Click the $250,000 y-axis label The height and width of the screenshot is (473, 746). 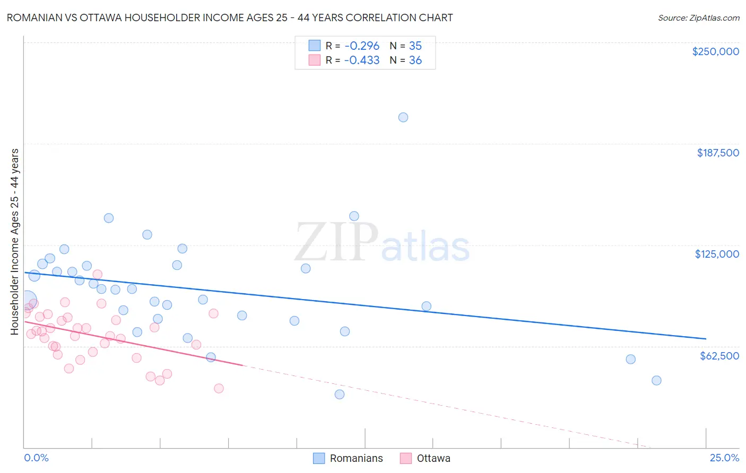point(715,51)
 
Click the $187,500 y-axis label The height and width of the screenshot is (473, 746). point(717,153)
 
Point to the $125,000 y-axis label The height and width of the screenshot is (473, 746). point(717,254)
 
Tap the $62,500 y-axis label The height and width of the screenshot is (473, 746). point(719,356)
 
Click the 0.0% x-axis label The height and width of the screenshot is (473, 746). point(37,458)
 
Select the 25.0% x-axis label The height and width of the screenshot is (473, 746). point(724,458)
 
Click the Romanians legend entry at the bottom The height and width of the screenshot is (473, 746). point(356,458)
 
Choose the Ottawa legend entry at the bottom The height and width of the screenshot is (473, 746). point(433,458)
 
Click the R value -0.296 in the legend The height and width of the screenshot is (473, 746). point(362,46)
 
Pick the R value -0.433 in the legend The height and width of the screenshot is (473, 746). point(362,60)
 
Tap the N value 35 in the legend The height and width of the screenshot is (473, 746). point(415,46)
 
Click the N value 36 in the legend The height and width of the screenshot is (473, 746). point(415,60)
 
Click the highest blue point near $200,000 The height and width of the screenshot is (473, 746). point(403,117)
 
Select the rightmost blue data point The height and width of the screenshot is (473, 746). point(656,380)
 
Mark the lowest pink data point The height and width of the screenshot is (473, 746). point(219,388)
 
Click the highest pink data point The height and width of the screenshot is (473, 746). point(98,274)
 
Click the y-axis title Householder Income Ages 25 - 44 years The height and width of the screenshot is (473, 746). point(15,242)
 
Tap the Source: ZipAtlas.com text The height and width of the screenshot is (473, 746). point(698,18)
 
